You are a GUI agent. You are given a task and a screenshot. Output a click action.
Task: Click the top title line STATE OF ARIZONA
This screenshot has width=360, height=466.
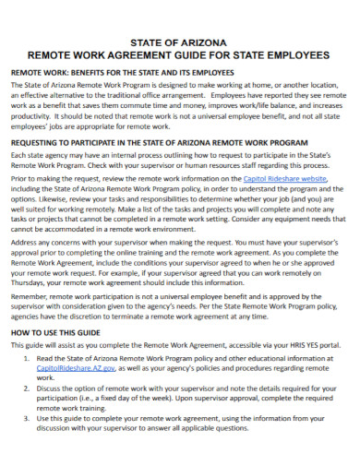click(x=180, y=42)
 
